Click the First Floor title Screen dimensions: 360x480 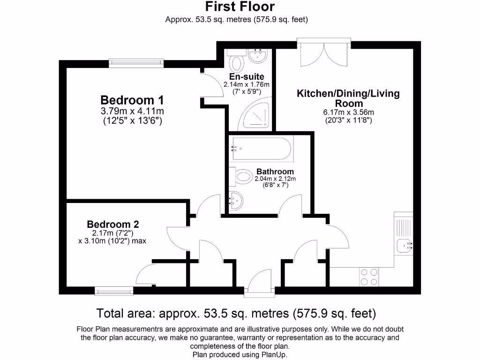point(240,7)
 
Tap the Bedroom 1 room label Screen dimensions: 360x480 point(133,100)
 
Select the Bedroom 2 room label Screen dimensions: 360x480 point(113,224)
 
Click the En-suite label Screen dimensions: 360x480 point(247,76)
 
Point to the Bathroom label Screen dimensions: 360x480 point(275,172)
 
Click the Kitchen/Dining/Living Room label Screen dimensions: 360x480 point(348,98)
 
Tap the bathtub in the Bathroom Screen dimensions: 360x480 point(261,149)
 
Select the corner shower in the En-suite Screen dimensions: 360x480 point(256,115)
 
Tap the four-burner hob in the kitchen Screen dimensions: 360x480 point(368,277)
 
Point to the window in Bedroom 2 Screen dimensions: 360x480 point(114,291)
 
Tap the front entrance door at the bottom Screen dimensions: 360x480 point(260,286)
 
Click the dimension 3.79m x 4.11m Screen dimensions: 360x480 point(132,111)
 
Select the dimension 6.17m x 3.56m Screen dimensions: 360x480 point(348,112)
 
